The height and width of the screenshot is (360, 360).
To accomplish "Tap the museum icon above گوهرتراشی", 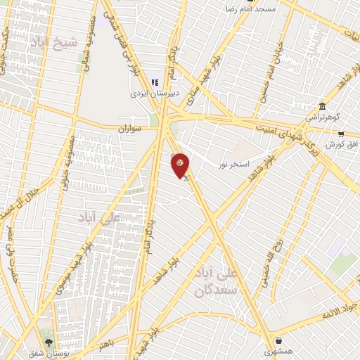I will click(x=321, y=106).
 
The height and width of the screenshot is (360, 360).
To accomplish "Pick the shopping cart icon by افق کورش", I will click(x=341, y=134).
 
